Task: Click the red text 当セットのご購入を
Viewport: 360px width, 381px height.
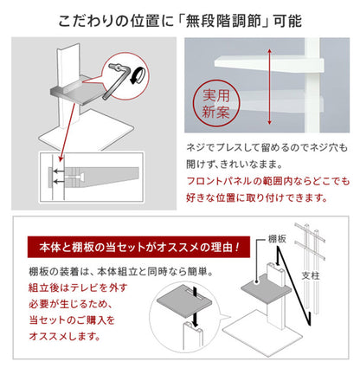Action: tap(80, 321)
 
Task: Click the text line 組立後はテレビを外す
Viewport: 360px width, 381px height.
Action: tap(89, 288)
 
